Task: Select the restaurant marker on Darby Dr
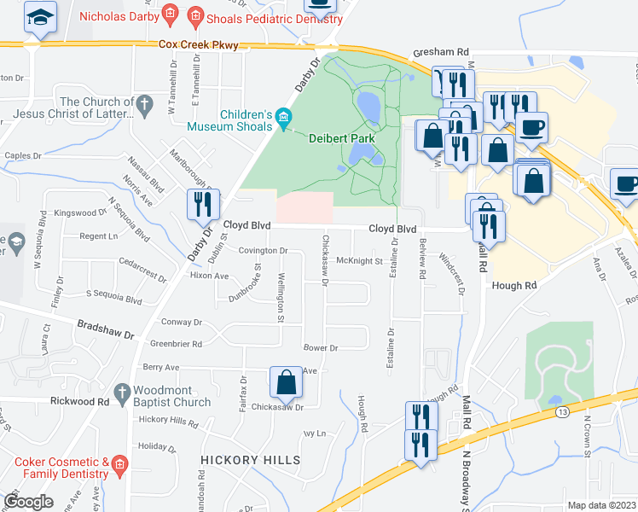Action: pos(204,204)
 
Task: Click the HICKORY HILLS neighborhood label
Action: pos(251,460)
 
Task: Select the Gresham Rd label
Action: pos(442,53)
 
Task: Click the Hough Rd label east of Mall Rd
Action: pos(513,286)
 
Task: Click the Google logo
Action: pos(29,502)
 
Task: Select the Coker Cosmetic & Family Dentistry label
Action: pos(61,467)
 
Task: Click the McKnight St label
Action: pos(359,260)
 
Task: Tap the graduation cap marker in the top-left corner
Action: pos(38,17)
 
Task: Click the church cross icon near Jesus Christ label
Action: pos(145,106)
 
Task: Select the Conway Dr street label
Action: pos(183,323)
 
